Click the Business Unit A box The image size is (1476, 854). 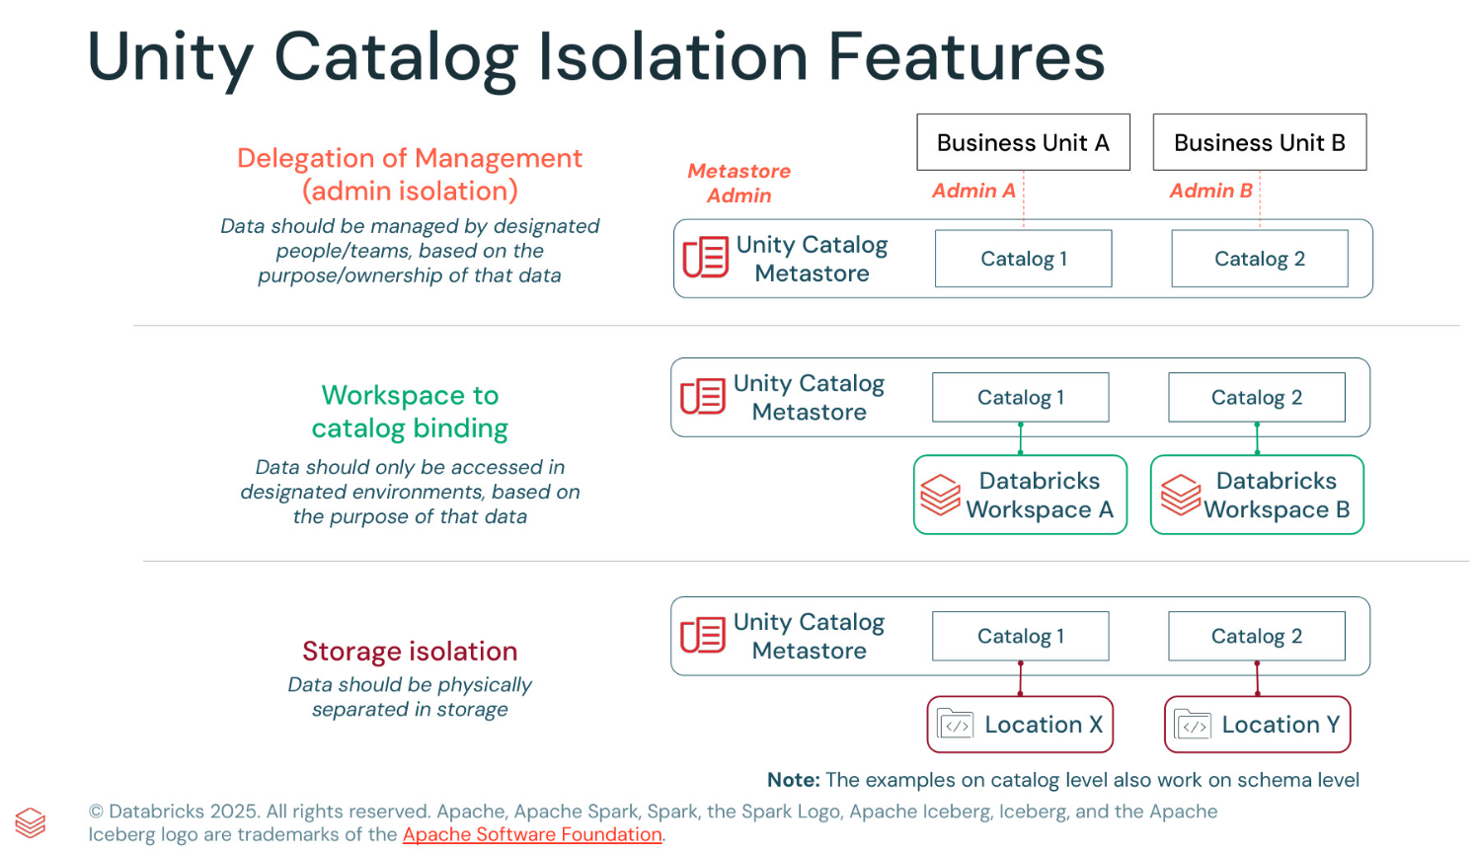pyautogui.click(x=1023, y=142)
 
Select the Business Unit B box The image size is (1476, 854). pyautogui.click(x=1259, y=142)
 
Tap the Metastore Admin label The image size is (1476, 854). pyautogui.click(x=738, y=183)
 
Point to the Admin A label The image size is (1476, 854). pyautogui.click(x=972, y=191)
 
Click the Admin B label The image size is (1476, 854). pyautogui.click(x=1210, y=191)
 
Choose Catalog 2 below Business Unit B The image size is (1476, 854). pyautogui.click(x=1259, y=259)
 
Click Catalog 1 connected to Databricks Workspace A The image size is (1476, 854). pyautogui.click(x=1020, y=397)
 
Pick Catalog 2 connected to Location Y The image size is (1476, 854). pyautogui.click(x=1256, y=636)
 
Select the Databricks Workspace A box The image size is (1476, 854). pyautogui.click(x=1020, y=495)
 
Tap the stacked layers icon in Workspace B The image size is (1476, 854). pyautogui.click(x=1181, y=495)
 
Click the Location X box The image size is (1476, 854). pyautogui.click(x=1020, y=725)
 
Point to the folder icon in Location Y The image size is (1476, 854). pyautogui.click(x=1193, y=725)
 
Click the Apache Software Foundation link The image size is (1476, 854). pyautogui.click(x=532, y=834)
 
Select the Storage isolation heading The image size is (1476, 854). pyautogui.click(x=410, y=651)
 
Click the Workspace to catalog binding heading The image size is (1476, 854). pyautogui.click(x=410, y=412)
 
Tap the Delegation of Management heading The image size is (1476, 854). pyautogui.click(x=410, y=174)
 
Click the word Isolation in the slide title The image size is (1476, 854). pyautogui.click(x=672, y=56)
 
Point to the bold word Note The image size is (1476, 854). pyautogui.click(x=793, y=780)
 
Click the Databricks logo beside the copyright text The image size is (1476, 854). pyautogui.click(x=31, y=822)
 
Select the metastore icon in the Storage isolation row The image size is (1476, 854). pyautogui.click(x=703, y=636)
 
